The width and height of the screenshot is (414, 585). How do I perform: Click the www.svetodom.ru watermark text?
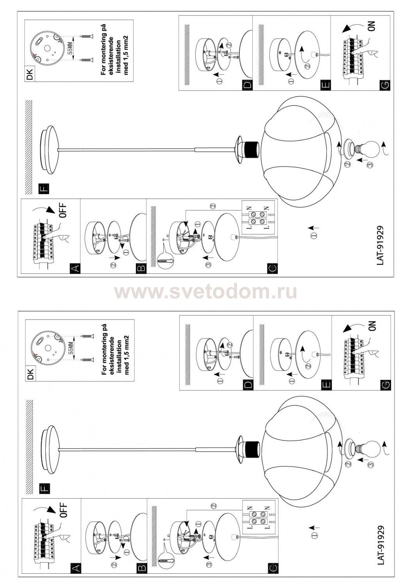point(205,292)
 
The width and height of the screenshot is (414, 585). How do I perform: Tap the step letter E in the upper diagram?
point(327,85)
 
